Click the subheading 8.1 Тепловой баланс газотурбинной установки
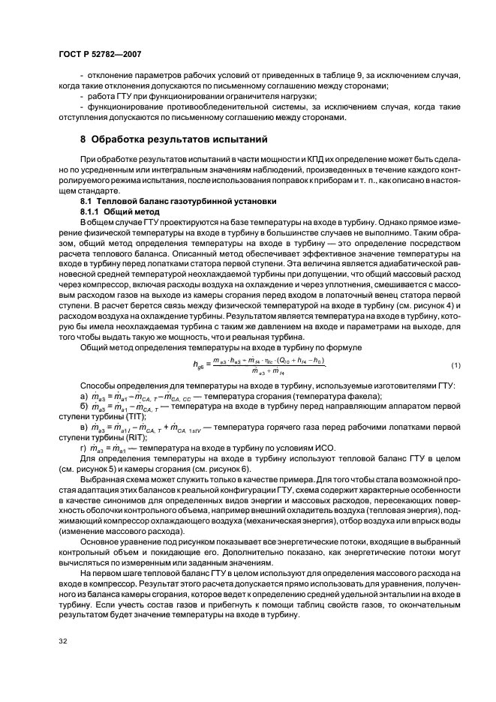click(179, 202)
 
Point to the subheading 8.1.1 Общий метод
click(122, 212)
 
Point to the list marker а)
click(84, 395)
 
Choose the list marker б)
click(84, 406)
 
